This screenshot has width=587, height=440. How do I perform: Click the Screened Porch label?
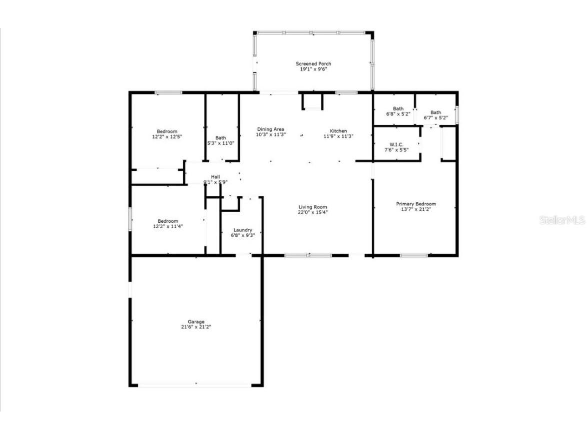click(313, 64)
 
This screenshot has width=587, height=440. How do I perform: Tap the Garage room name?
click(196, 322)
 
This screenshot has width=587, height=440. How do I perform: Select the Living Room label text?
click(313, 207)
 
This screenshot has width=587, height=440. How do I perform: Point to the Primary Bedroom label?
click(416, 204)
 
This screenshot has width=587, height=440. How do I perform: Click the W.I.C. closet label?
click(397, 144)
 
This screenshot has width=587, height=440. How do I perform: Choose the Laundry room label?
click(243, 230)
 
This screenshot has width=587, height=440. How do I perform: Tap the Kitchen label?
click(338, 131)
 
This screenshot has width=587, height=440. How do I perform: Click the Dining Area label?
click(270, 129)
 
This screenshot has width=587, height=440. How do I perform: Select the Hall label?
click(215, 177)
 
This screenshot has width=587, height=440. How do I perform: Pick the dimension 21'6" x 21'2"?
click(196, 327)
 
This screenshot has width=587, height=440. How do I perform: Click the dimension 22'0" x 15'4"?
click(313, 212)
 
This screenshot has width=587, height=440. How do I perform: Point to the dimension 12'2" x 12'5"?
click(167, 136)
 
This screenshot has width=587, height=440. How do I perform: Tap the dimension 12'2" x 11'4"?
click(167, 226)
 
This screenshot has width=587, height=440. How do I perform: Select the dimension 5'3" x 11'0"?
click(221, 143)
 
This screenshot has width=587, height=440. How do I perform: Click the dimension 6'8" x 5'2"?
click(398, 114)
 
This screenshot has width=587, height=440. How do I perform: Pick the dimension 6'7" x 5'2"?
click(436, 118)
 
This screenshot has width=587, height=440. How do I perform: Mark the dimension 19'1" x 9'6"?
click(313, 69)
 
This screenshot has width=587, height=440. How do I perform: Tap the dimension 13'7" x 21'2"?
click(416, 209)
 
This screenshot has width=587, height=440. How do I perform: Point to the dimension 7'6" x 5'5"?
click(397, 150)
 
